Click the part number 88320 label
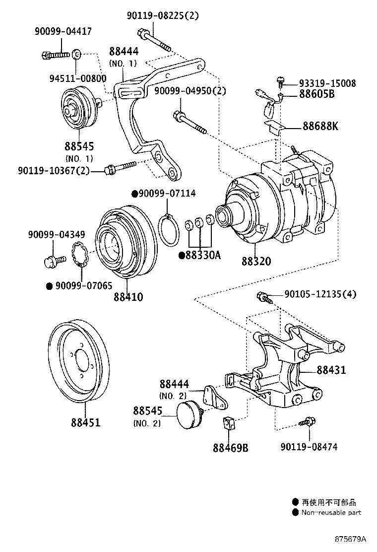click(256, 260)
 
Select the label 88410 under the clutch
click(128, 297)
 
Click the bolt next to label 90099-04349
click(54, 259)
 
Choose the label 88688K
click(320, 126)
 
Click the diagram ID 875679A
click(349, 539)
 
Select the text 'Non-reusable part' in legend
click(331, 513)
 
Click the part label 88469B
click(230, 448)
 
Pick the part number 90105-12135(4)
click(320, 294)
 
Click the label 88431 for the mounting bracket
click(331, 370)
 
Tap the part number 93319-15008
click(327, 83)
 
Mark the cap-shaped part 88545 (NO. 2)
click(188, 414)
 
